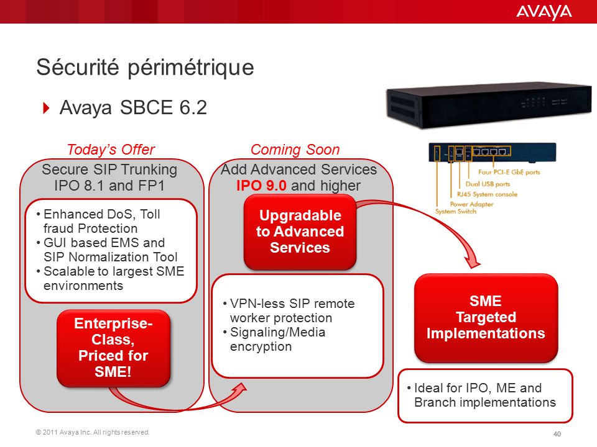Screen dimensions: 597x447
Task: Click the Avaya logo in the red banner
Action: (x=544, y=12)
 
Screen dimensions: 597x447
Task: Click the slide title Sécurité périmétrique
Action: (x=145, y=68)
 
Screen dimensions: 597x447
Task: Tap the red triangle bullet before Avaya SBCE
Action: (x=47, y=108)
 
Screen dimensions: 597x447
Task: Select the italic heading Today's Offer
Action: (x=111, y=150)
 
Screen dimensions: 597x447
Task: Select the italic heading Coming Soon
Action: (x=295, y=150)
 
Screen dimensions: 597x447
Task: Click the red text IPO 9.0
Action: (x=261, y=186)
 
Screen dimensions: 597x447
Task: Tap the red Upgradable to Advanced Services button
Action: (x=300, y=232)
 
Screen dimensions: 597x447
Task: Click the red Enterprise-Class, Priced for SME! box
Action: (x=113, y=348)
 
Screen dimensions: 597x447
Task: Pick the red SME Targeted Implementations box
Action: (x=486, y=317)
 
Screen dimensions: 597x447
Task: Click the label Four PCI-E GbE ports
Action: (x=509, y=172)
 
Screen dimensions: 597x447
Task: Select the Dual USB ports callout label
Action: (x=488, y=184)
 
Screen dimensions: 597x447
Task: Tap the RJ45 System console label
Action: (x=487, y=194)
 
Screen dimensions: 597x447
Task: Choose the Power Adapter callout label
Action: (x=471, y=204)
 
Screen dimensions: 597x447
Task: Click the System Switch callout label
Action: (x=456, y=211)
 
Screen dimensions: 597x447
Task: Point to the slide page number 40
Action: (x=557, y=434)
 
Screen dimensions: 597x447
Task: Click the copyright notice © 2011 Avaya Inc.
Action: (x=93, y=432)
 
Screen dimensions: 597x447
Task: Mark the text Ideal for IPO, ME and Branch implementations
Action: (x=481, y=395)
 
